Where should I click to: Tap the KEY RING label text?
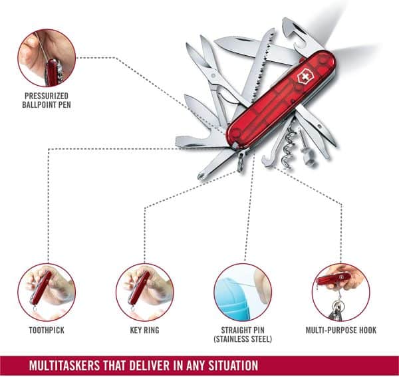[144, 328]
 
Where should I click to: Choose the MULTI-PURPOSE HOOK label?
[340, 328]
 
